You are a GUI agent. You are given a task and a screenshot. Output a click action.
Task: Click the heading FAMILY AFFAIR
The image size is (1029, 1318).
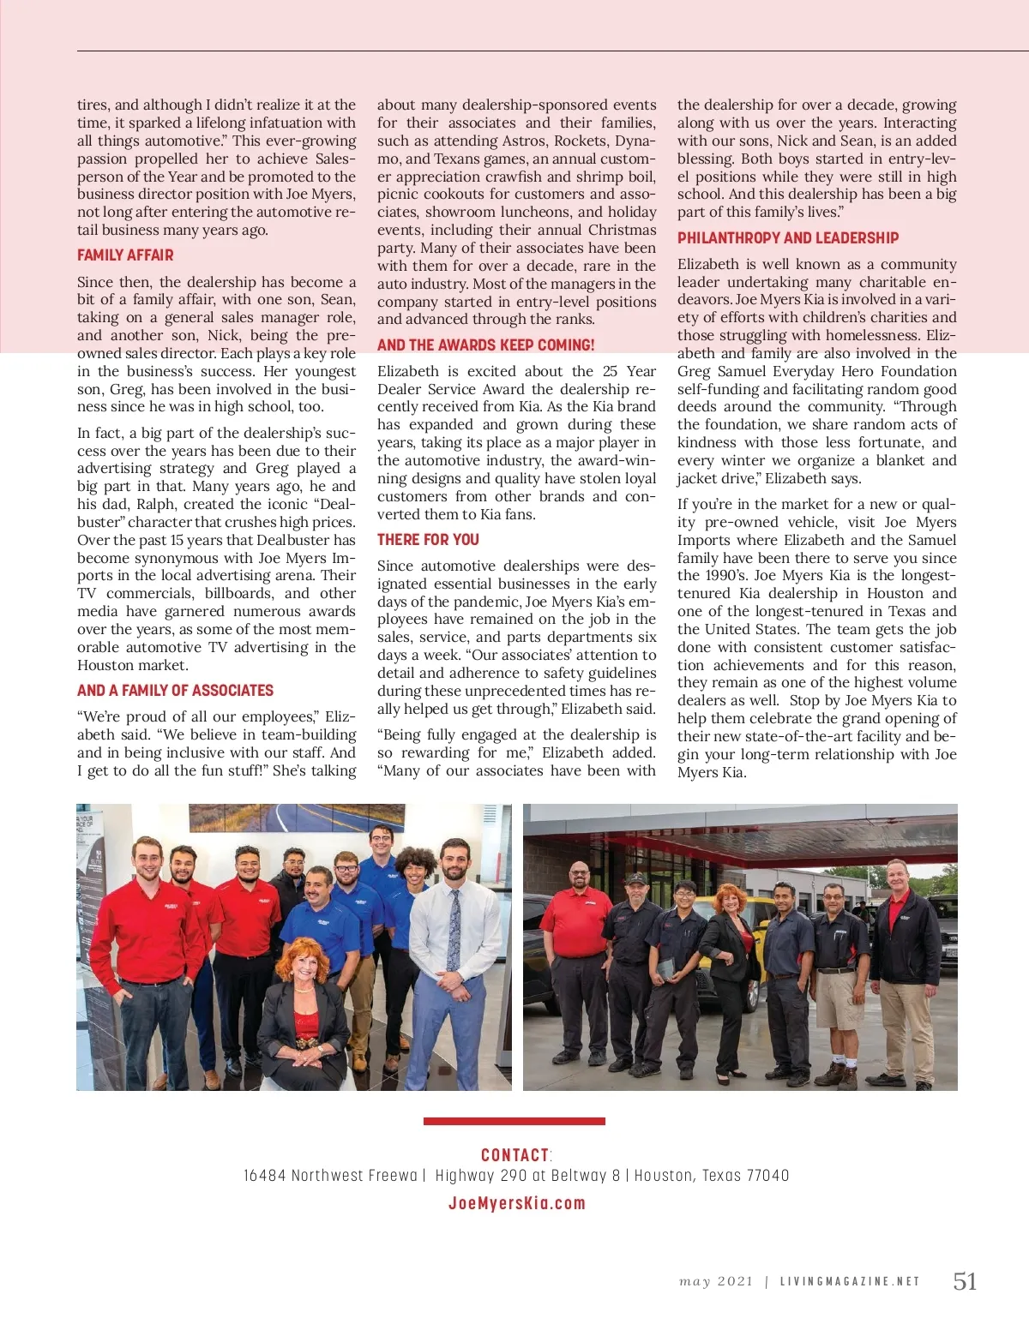[x=125, y=255]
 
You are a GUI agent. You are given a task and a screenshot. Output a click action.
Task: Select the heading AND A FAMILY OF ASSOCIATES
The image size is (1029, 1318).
[x=175, y=691]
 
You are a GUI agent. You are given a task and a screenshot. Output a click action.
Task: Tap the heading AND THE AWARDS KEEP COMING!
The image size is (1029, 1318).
[x=485, y=345]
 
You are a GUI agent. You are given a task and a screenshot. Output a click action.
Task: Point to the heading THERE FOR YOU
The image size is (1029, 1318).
[x=428, y=540]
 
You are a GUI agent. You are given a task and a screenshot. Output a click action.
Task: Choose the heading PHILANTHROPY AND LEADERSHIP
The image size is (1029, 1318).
[x=788, y=238]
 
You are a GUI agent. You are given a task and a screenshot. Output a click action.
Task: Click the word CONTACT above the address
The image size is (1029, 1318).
[x=514, y=1155]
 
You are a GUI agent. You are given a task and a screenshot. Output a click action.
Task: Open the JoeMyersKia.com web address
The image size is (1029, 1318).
[x=516, y=1203]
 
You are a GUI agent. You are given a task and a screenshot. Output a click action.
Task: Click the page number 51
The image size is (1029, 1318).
[x=965, y=1281]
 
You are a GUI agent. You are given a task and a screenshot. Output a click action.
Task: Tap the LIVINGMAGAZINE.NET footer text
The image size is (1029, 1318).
[x=850, y=1282]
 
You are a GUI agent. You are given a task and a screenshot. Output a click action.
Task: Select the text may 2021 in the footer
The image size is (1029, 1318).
[x=716, y=1282]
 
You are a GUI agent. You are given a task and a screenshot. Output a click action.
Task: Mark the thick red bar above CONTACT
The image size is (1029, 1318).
[x=514, y=1121]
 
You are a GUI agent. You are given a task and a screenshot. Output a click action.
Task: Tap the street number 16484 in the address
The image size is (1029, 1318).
[x=264, y=1176]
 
